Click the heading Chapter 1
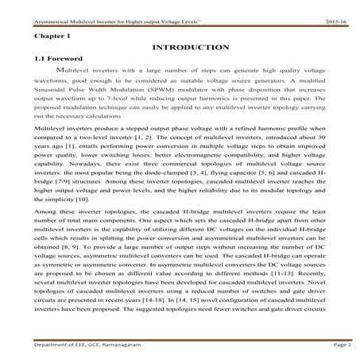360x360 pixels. coord(48,36)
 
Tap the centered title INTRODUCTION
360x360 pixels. coord(181,48)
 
